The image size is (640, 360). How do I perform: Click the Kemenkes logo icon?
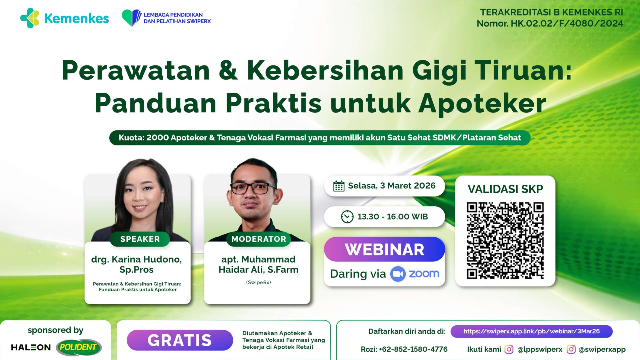click(30, 18)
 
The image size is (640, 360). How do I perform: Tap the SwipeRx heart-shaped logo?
click(131, 18)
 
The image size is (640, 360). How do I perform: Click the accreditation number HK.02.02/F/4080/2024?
click(567, 24)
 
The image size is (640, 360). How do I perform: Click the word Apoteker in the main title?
click(482, 103)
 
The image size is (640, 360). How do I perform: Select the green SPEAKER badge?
click(140, 239)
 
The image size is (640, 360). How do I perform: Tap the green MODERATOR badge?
click(259, 239)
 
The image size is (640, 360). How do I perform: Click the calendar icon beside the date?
click(339, 186)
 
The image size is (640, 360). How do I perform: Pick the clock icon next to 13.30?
click(347, 217)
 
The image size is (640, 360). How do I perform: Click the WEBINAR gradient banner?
click(384, 249)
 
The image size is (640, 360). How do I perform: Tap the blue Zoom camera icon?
click(398, 274)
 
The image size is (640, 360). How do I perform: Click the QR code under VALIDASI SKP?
click(505, 240)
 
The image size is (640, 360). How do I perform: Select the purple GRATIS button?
click(180, 340)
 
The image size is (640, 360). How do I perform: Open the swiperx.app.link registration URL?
click(531, 331)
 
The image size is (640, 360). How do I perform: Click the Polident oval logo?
click(78, 347)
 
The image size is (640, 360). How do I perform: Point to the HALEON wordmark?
click(31, 347)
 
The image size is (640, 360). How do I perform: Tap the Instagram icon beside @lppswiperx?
click(509, 349)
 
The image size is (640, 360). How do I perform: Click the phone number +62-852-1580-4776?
click(413, 349)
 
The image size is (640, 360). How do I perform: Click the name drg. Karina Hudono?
click(136, 259)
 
